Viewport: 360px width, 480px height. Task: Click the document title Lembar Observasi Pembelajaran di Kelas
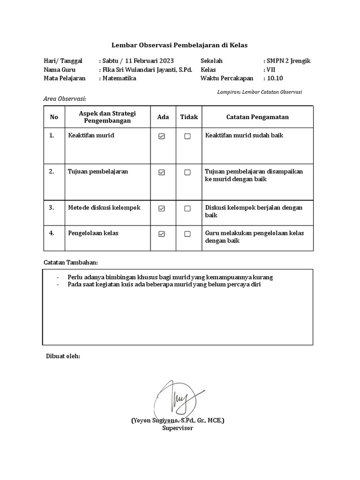pyautogui.click(x=179, y=45)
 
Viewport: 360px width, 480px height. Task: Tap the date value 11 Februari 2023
pyautogui.click(x=147, y=61)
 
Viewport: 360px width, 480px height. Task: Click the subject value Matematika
pyautogui.click(x=120, y=78)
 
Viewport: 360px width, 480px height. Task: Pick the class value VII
pyautogui.click(x=271, y=69)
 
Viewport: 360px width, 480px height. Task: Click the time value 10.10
pyautogui.click(x=275, y=78)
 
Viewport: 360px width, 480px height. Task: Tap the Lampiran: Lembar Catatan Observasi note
pyautogui.click(x=260, y=92)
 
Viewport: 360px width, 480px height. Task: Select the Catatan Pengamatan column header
pyautogui.click(x=257, y=117)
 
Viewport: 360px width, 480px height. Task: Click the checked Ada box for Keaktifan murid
pyautogui.click(x=162, y=136)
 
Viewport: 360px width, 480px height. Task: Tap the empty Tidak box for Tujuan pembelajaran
pyautogui.click(x=187, y=172)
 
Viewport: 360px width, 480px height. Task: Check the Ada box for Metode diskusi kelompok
pyautogui.click(x=162, y=209)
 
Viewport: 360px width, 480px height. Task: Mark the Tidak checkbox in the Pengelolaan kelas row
pyautogui.click(x=187, y=234)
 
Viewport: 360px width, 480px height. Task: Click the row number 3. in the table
pyautogui.click(x=52, y=207)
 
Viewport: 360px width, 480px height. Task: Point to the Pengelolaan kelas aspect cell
pyautogui.click(x=93, y=232)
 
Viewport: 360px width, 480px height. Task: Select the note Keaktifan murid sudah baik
pyautogui.click(x=244, y=135)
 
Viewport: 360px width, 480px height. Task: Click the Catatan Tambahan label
pyautogui.click(x=71, y=262)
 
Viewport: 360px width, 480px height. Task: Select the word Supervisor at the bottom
pyautogui.click(x=178, y=427)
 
